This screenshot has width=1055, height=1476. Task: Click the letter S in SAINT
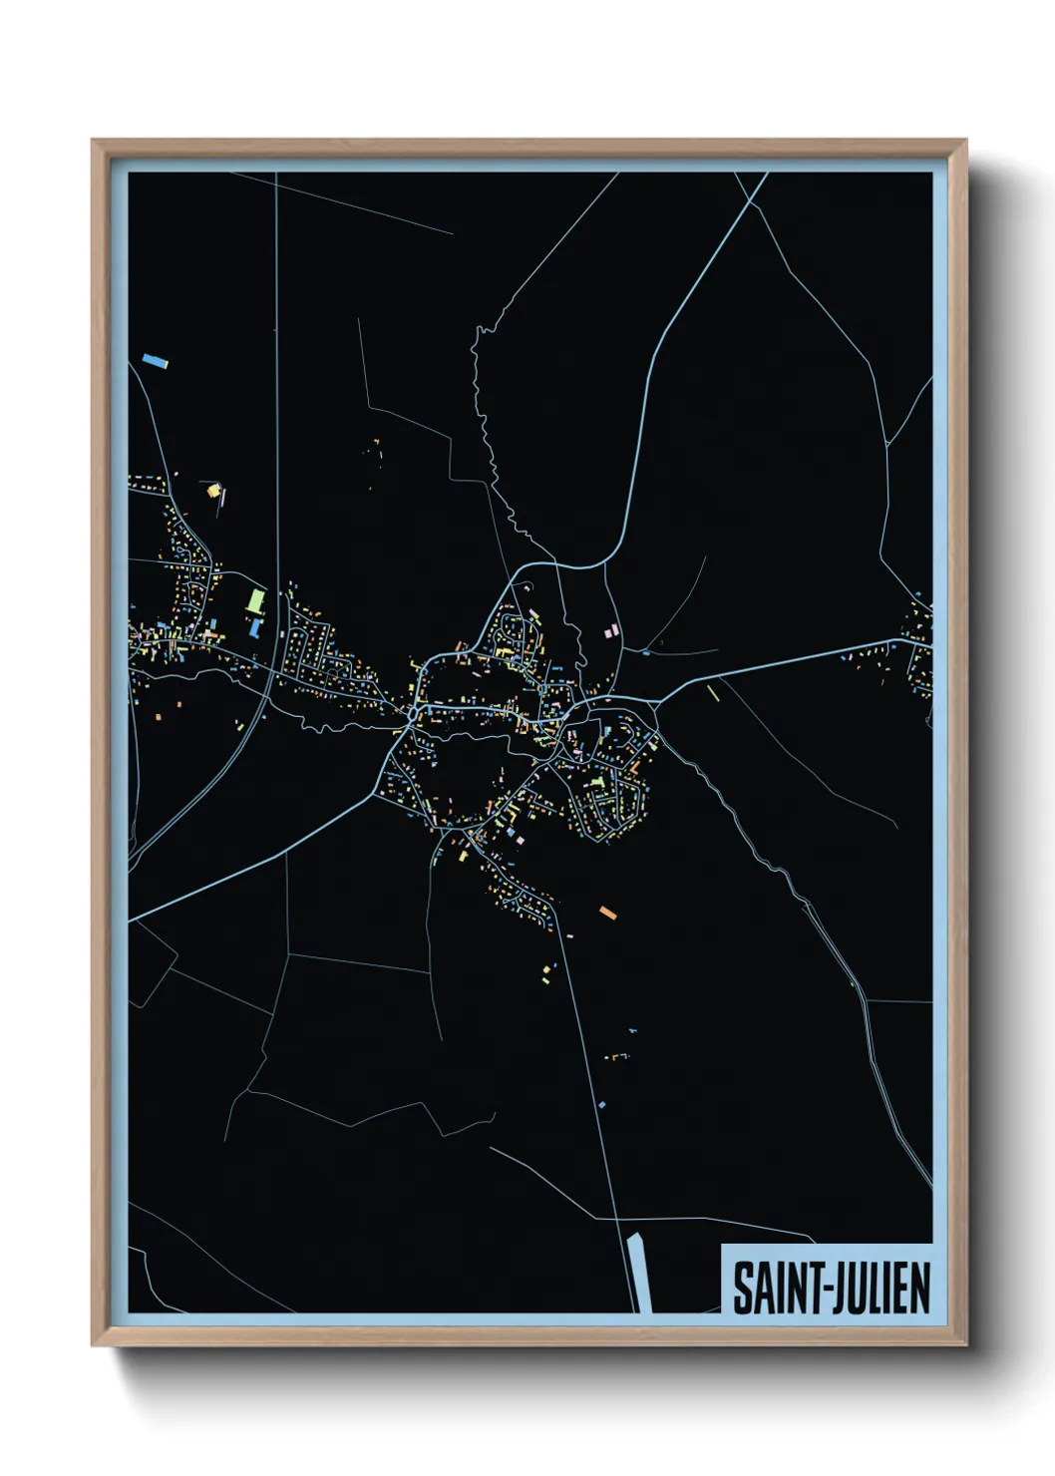click(x=742, y=1288)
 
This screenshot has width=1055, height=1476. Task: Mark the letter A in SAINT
click(x=760, y=1288)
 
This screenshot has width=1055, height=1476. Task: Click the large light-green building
click(x=256, y=600)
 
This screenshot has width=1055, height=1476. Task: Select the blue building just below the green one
click(x=254, y=627)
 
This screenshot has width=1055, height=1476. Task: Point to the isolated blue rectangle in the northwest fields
click(x=154, y=360)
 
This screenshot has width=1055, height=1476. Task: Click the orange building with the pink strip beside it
click(x=212, y=490)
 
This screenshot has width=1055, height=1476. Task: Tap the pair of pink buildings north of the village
click(x=613, y=631)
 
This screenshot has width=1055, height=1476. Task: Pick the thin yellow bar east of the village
click(x=712, y=691)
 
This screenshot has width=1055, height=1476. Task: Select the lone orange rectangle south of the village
click(x=607, y=912)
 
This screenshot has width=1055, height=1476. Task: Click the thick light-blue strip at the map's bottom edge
click(x=639, y=1273)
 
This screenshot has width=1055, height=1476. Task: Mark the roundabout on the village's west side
click(x=412, y=714)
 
